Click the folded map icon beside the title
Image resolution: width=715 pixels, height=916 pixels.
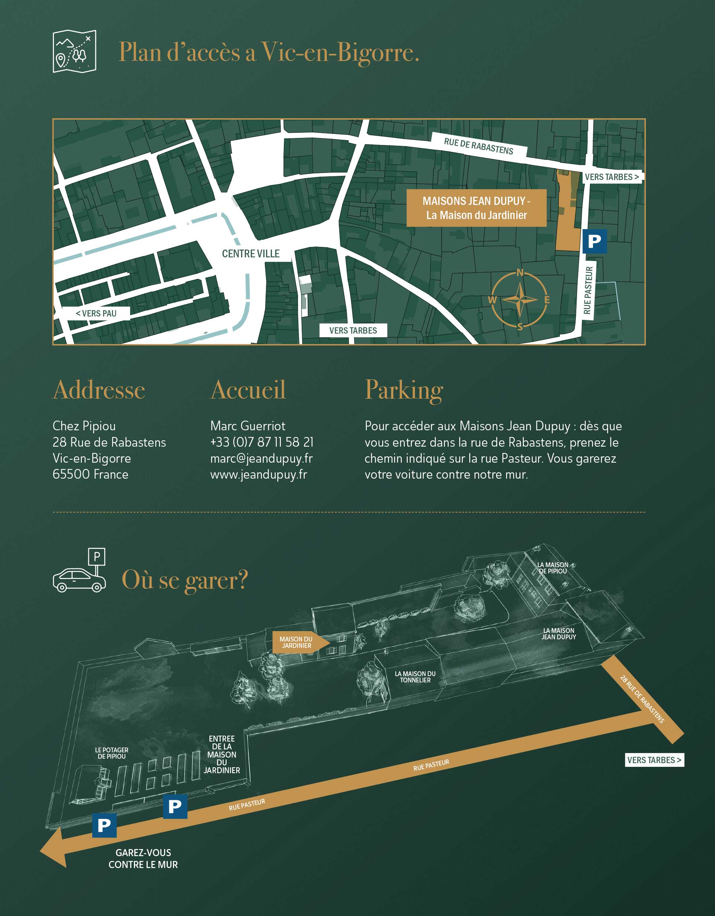(x=74, y=51)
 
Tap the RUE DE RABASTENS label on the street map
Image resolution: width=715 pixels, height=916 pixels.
(x=478, y=146)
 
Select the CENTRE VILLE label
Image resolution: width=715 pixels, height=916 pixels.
(x=250, y=254)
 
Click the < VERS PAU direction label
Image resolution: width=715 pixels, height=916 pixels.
(x=96, y=313)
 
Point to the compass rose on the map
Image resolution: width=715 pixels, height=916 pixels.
(x=519, y=299)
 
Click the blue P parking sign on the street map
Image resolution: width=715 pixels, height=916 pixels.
(x=594, y=241)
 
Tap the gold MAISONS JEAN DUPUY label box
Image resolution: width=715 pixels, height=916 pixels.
(x=476, y=208)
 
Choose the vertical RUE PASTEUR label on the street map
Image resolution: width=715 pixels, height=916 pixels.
(x=588, y=290)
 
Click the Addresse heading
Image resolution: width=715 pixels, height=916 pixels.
(x=99, y=390)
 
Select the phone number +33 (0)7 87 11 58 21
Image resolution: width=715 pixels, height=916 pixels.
(x=262, y=442)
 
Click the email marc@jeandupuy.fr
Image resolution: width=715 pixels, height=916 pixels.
(x=262, y=459)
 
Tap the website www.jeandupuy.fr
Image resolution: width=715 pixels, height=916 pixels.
(x=259, y=474)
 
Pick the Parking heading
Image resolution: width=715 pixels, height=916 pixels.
(x=404, y=390)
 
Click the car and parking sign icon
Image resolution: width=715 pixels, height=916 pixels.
(x=80, y=571)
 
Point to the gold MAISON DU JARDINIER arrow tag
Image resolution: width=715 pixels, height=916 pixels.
(x=299, y=643)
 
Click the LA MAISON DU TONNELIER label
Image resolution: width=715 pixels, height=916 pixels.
(x=415, y=677)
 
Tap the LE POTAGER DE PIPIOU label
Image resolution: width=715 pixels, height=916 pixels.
(x=112, y=753)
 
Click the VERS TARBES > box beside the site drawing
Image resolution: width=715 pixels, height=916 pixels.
(x=654, y=760)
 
